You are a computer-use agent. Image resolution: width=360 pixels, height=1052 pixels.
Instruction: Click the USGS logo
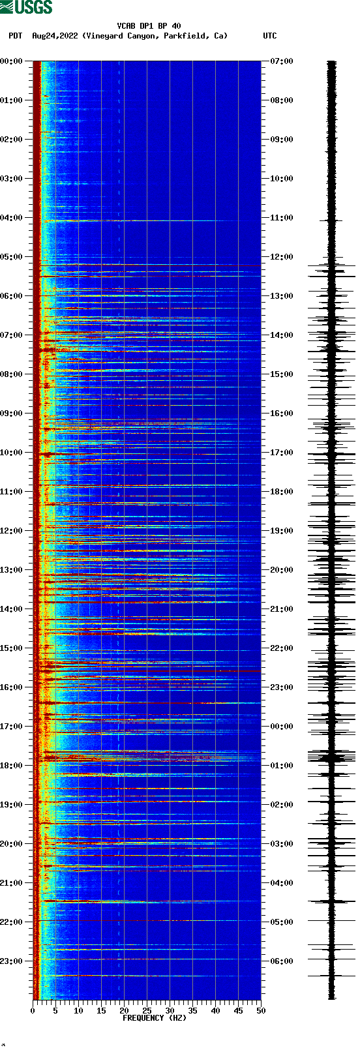point(26,7)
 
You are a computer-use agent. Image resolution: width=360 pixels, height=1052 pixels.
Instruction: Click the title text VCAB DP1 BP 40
point(149,26)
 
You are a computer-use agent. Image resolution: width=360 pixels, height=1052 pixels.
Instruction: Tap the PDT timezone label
point(16,36)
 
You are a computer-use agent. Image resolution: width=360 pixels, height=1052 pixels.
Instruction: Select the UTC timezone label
point(269,36)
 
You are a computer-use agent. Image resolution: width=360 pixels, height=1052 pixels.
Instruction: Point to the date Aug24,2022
point(55,36)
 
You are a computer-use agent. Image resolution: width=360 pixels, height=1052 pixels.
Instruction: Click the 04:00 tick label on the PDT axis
point(12,218)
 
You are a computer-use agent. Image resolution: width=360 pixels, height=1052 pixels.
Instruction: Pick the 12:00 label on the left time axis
point(12,531)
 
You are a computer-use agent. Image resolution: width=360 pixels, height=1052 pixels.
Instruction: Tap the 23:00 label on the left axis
point(12,961)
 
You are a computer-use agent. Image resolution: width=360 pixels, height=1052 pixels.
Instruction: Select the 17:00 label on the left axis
point(12,727)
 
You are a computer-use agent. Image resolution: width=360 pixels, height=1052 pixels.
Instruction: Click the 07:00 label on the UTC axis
point(281,61)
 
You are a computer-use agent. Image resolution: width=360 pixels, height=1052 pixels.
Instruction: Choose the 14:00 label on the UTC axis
point(281,335)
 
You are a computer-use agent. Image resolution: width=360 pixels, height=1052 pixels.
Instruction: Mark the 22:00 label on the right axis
point(281,648)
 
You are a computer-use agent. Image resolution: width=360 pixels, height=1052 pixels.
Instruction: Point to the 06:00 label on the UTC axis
point(281,961)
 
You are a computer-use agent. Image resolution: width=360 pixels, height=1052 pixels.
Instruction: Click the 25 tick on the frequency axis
point(147,1011)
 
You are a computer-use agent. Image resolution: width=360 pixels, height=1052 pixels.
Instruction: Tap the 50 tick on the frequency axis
point(261,1011)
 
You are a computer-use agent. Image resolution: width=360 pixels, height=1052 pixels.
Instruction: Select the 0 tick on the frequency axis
point(33,1011)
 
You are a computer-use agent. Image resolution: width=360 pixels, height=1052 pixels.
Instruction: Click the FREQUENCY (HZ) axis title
point(155,1018)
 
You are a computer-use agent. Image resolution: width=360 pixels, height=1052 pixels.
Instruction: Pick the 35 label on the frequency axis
point(192,1011)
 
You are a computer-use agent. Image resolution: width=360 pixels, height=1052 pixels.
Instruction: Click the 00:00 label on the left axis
point(12,61)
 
